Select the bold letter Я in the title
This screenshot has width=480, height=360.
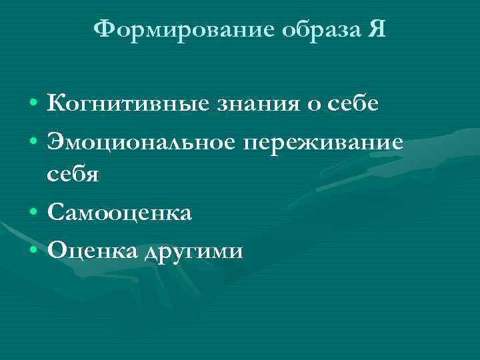point(375,29)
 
